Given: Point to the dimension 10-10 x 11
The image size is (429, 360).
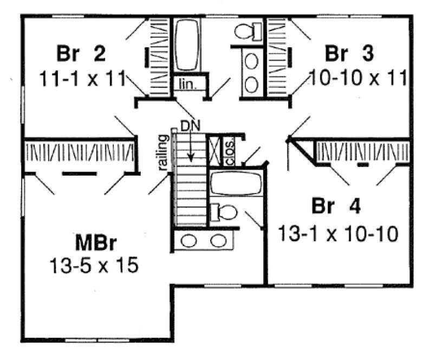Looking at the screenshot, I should click(357, 78).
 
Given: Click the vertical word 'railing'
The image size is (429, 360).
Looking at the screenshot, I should click(164, 153).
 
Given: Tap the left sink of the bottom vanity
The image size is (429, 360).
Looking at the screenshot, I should click(190, 240).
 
